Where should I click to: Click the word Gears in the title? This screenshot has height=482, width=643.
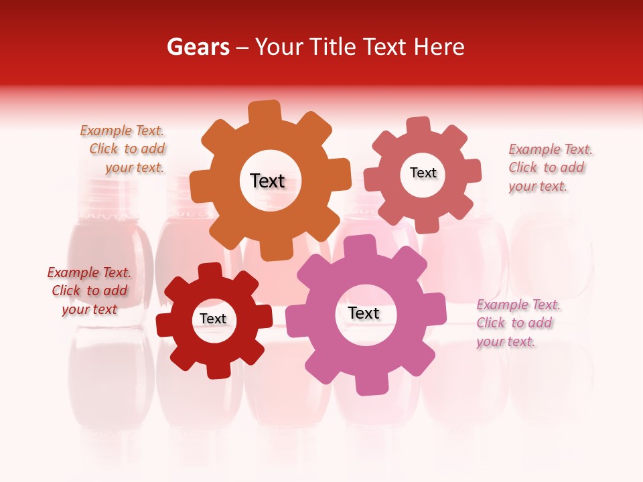(198, 47)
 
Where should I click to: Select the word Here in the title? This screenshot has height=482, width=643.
(439, 47)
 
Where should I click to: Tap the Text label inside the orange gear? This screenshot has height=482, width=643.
(267, 181)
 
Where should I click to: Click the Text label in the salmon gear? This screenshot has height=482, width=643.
(423, 173)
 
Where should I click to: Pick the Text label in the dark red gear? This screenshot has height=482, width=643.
(213, 319)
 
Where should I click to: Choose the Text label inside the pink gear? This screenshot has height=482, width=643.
(364, 313)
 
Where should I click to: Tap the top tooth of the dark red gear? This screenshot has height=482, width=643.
(210, 272)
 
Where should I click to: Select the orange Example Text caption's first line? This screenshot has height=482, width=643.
(122, 131)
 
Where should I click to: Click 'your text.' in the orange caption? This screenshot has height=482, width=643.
(134, 167)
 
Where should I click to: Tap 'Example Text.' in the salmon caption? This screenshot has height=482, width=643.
(551, 149)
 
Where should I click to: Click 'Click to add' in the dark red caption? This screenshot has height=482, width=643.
(90, 291)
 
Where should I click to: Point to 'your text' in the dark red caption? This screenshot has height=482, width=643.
(90, 309)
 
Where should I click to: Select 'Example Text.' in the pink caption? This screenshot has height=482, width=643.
(518, 305)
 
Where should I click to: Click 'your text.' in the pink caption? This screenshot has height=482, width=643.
(506, 341)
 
